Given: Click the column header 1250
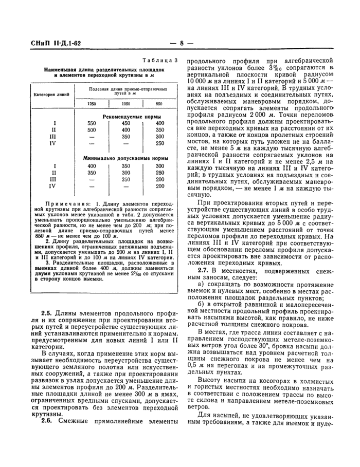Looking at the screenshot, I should pyautogui.click(x=92, y=104).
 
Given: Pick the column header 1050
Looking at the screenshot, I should pyautogui.click(x=125, y=104).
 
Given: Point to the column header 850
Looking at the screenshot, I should pyautogui.click(x=159, y=104).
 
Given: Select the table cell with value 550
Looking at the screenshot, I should pyautogui.click(x=92, y=123).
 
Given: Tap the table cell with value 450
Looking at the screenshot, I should pyautogui.click(x=125, y=123).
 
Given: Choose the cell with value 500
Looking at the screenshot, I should pyautogui.click(x=92, y=130).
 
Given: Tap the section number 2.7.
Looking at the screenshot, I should pyautogui.click(x=205, y=270).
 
